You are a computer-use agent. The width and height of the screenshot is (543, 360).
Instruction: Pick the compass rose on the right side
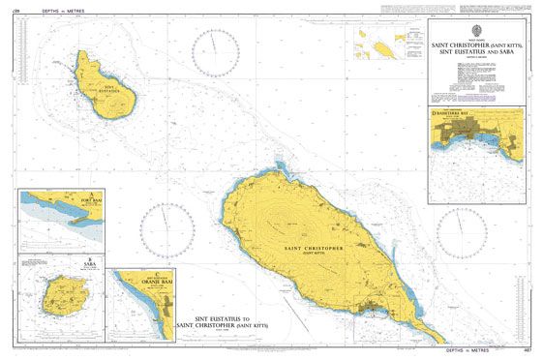coord(461,232)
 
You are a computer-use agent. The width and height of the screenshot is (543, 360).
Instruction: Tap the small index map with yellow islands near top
coord(380,43)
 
